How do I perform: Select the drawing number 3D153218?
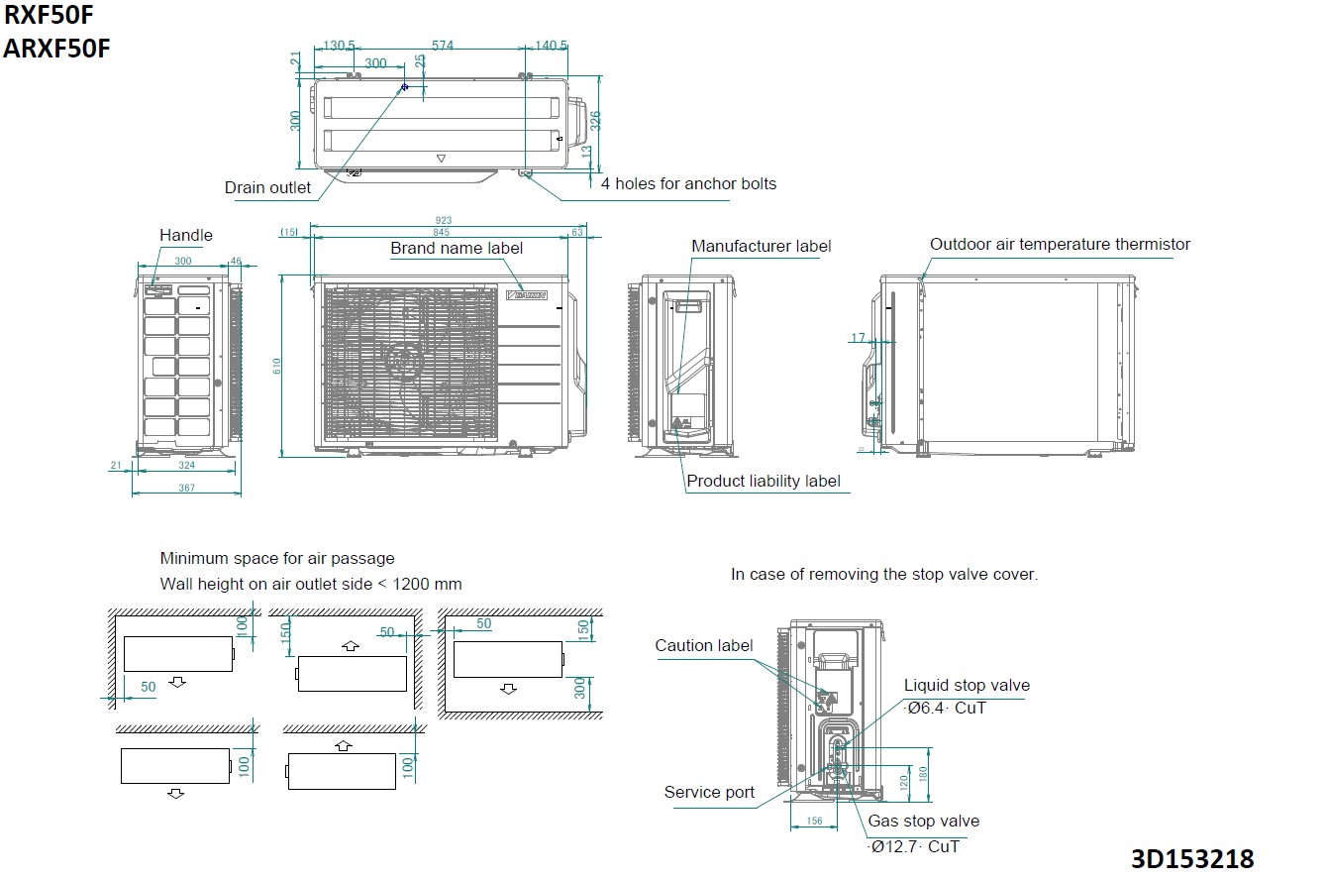pos(1192,857)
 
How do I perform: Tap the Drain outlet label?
pos(267,187)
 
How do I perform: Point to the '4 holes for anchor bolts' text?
pos(688,183)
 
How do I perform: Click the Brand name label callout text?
pos(457,248)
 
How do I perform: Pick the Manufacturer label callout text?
pos(761,246)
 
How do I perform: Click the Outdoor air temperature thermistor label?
pos(1060,244)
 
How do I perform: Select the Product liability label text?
pos(763,481)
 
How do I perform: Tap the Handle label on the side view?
pos(186,235)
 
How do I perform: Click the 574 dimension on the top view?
pos(443,46)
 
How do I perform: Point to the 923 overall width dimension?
pos(444,220)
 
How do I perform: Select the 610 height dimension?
pos(277,366)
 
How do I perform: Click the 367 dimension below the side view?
pos(186,488)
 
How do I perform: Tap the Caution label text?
pos(703,645)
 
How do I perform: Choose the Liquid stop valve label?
pos(967,685)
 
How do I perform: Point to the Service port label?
pos(709,792)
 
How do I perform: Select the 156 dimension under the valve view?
pos(815,821)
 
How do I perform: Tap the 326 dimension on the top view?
pos(594,120)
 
